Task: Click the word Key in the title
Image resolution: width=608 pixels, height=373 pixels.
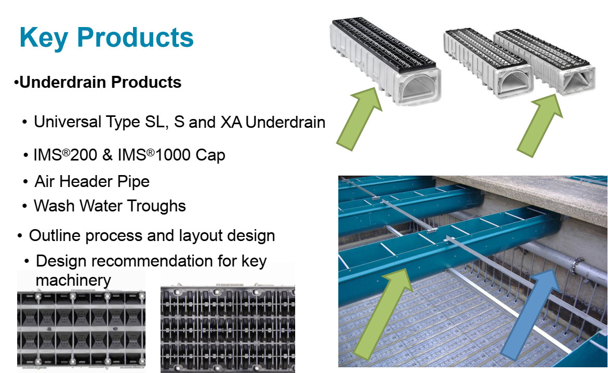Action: [x=44, y=37]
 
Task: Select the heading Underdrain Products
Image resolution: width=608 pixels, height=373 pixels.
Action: [x=100, y=82]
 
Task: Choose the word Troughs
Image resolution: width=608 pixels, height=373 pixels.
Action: [x=157, y=206]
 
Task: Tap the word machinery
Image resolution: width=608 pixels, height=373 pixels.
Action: [x=73, y=280]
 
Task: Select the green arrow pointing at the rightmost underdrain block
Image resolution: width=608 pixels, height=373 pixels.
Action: [x=539, y=125]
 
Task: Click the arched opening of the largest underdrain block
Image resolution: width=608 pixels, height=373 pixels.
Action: [x=414, y=87]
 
